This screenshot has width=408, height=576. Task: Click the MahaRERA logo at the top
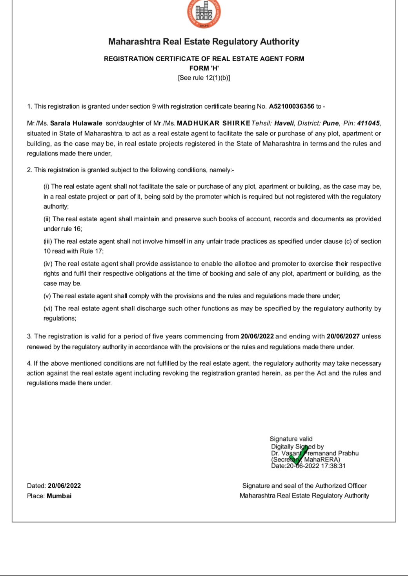click(x=204, y=14)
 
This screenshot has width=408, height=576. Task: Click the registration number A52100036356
click(x=291, y=106)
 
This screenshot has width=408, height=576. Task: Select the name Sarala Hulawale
click(x=76, y=123)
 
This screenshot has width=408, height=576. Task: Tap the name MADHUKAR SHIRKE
click(x=213, y=123)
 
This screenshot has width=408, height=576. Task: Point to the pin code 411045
click(x=368, y=123)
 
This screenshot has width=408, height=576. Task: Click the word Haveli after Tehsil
click(x=284, y=123)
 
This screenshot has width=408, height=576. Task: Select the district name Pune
click(x=330, y=123)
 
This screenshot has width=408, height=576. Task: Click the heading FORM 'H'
click(x=204, y=68)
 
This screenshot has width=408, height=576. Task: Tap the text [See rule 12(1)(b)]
click(x=204, y=78)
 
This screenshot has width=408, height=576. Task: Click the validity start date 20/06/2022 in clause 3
click(x=257, y=336)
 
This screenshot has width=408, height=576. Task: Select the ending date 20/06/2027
click(x=343, y=336)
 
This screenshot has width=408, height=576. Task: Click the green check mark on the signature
click(x=300, y=456)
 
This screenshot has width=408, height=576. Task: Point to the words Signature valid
click(x=291, y=439)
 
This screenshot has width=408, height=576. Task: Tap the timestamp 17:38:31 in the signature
click(x=333, y=466)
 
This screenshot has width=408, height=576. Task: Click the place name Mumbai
click(x=59, y=496)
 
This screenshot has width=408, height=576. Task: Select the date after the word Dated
click(x=64, y=486)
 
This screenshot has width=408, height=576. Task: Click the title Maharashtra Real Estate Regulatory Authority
click(x=204, y=42)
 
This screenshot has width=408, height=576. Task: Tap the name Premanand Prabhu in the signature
click(x=331, y=453)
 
